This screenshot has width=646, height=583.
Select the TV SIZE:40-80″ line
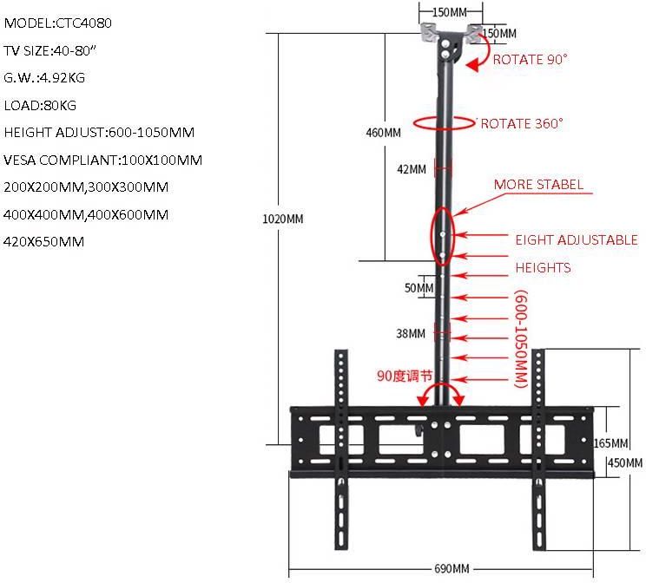[x=50, y=51]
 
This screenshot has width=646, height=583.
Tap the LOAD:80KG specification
[x=40, y=105]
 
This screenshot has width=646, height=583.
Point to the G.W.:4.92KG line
[x=44, y=78]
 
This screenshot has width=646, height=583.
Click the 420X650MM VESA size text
[x=44, y=241]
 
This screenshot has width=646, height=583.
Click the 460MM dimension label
[x=383, y=133]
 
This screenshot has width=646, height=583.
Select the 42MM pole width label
[x=412, y=170]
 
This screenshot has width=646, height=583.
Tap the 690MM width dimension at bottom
[x=452, y=569]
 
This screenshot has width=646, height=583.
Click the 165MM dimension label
[x=617, y=442]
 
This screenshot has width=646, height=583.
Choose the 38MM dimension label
[x=411, y=333]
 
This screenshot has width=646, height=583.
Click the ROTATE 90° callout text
[x=530, y=60]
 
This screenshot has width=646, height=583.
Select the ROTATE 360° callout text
[x=522, y=123]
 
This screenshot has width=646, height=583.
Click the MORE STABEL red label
[x=538, y=185]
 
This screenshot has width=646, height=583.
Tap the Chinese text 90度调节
[x=405, y=376]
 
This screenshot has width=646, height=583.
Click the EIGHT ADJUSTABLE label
[x=577, y=239]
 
